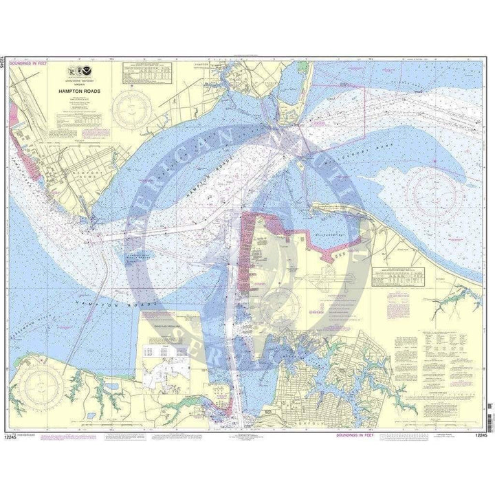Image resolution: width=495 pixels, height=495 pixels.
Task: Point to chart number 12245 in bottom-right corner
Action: click(480, 435)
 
